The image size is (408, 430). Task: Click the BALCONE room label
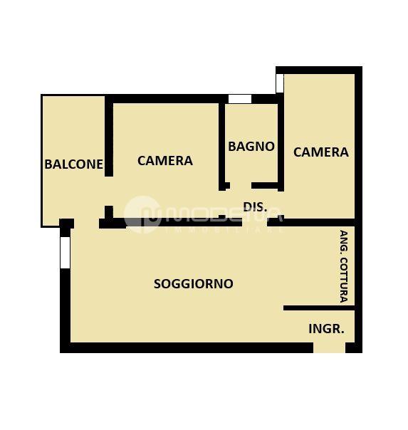73,164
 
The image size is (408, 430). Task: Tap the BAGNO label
251,146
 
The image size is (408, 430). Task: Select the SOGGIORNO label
194,283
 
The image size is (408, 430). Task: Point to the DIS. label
255,206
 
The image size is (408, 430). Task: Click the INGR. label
326,328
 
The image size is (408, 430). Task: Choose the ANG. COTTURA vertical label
344,266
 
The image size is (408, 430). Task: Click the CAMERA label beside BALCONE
165,160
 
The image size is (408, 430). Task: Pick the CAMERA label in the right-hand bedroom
321,152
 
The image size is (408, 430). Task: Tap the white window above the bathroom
240,99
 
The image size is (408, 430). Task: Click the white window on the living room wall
65,253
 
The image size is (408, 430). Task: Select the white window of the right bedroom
280,83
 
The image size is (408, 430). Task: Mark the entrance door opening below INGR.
329,347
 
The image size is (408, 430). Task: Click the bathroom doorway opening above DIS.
241,186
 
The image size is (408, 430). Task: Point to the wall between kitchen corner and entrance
319,308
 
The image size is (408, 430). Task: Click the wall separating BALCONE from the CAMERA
109,136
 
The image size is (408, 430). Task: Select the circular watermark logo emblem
142,214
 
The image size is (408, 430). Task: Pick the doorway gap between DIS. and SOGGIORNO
254,222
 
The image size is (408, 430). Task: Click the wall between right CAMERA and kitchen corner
311,222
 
